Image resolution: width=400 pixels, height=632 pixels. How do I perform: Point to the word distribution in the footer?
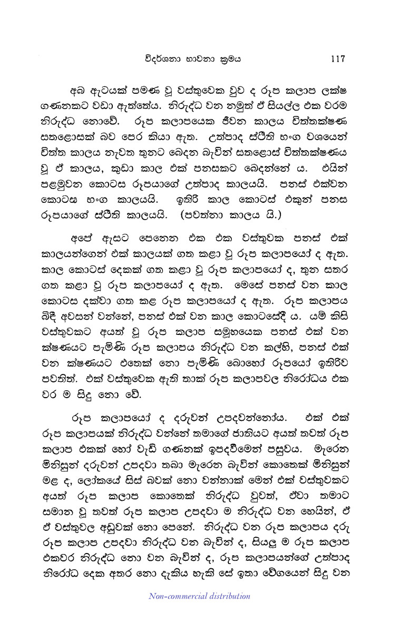tap(227, 596)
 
